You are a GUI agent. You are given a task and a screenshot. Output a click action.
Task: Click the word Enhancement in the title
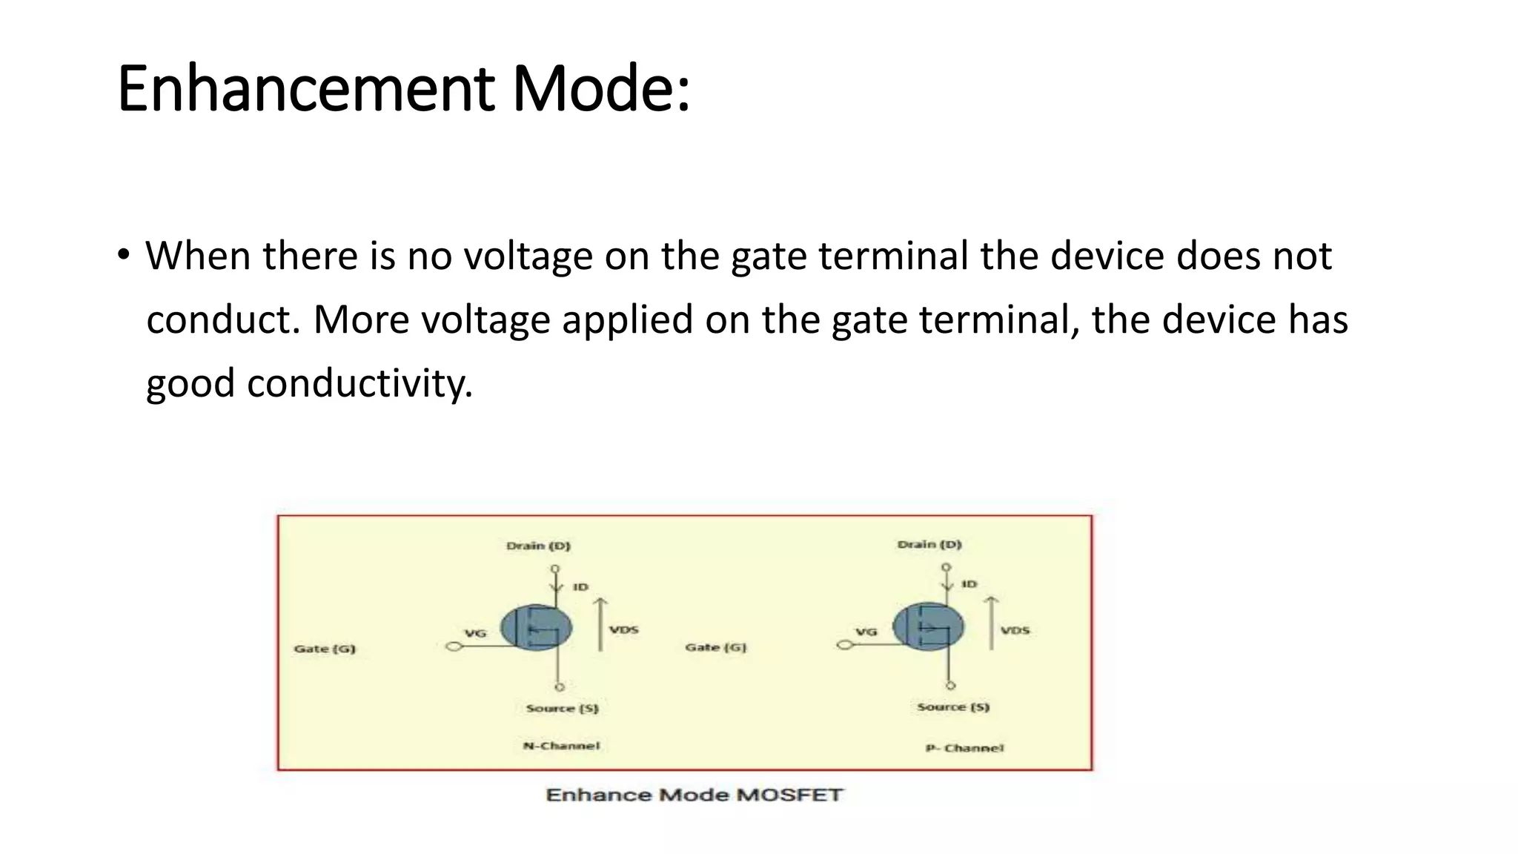tap(305, 89)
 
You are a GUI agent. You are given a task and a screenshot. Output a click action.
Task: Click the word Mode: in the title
tap(601, 89)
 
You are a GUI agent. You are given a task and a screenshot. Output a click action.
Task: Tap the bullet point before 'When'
tap(123, 255)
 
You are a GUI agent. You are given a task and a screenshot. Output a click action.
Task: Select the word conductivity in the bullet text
tap(359, 383)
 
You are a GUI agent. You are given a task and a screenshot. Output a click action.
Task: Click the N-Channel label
tap(561, 746)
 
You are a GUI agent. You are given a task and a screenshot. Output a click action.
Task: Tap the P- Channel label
tap(964, 748)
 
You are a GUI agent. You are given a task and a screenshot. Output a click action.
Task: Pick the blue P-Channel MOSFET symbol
tap(928, 626)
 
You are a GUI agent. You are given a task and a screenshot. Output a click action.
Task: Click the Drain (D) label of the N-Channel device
tap(538, 546)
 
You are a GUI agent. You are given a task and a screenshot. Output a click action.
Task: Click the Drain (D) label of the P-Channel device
tap(929, 544)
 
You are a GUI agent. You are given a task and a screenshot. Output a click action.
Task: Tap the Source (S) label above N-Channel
tap(562, 708)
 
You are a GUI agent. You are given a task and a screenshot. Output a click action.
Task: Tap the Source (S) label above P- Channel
tap(953, 706)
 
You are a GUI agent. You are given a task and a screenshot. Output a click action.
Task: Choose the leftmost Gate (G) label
tap(325, 649)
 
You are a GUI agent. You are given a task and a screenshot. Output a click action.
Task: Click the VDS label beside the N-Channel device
tap(624, 629)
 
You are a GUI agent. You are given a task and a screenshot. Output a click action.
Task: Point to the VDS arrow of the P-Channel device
tap(992, 623)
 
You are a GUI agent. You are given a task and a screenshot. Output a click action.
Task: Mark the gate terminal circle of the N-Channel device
tap(454, 646)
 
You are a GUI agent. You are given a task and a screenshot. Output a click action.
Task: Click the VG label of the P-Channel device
tap(866, 632)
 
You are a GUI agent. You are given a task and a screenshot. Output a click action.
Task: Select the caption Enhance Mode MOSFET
tap(695, 795)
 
